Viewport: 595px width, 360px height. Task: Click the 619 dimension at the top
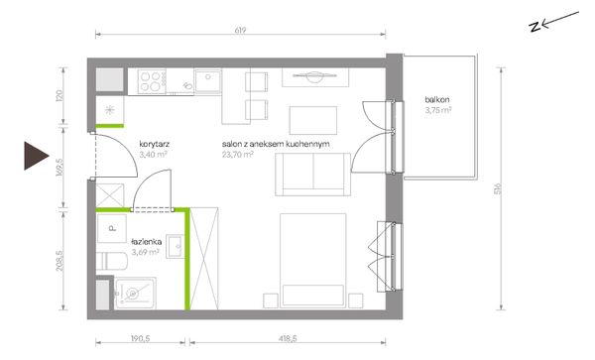240,30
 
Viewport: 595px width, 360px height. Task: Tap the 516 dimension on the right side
498,188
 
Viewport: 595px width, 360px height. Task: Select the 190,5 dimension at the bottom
141,338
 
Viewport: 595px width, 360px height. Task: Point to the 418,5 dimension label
288,338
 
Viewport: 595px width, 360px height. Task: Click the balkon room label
437,100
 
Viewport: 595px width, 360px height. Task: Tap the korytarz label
154,144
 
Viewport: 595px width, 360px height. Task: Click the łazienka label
147,242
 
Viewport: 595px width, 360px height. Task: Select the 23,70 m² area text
238,155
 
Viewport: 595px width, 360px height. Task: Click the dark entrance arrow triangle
37,156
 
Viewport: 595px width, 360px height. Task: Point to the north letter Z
535,27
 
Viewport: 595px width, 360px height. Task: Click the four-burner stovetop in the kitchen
152,81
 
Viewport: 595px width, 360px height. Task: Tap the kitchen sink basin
207,81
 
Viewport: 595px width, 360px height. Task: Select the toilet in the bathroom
111,261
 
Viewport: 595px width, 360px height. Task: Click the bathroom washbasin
176,246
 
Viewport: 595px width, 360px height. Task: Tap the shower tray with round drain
135,294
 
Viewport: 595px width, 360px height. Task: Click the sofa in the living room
312,175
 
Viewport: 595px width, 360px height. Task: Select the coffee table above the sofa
313,120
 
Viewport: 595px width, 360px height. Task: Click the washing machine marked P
111,228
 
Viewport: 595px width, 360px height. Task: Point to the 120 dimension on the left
59,95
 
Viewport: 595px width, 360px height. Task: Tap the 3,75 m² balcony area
438,110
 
